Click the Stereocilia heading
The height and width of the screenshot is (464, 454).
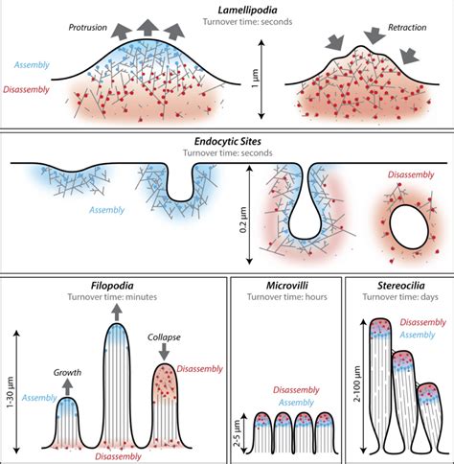tap(397, 286)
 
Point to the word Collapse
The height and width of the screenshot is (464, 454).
tap(167, 337)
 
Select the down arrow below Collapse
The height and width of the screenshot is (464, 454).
tap(168, 355)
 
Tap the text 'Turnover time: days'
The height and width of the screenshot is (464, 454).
tap(397, 297)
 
